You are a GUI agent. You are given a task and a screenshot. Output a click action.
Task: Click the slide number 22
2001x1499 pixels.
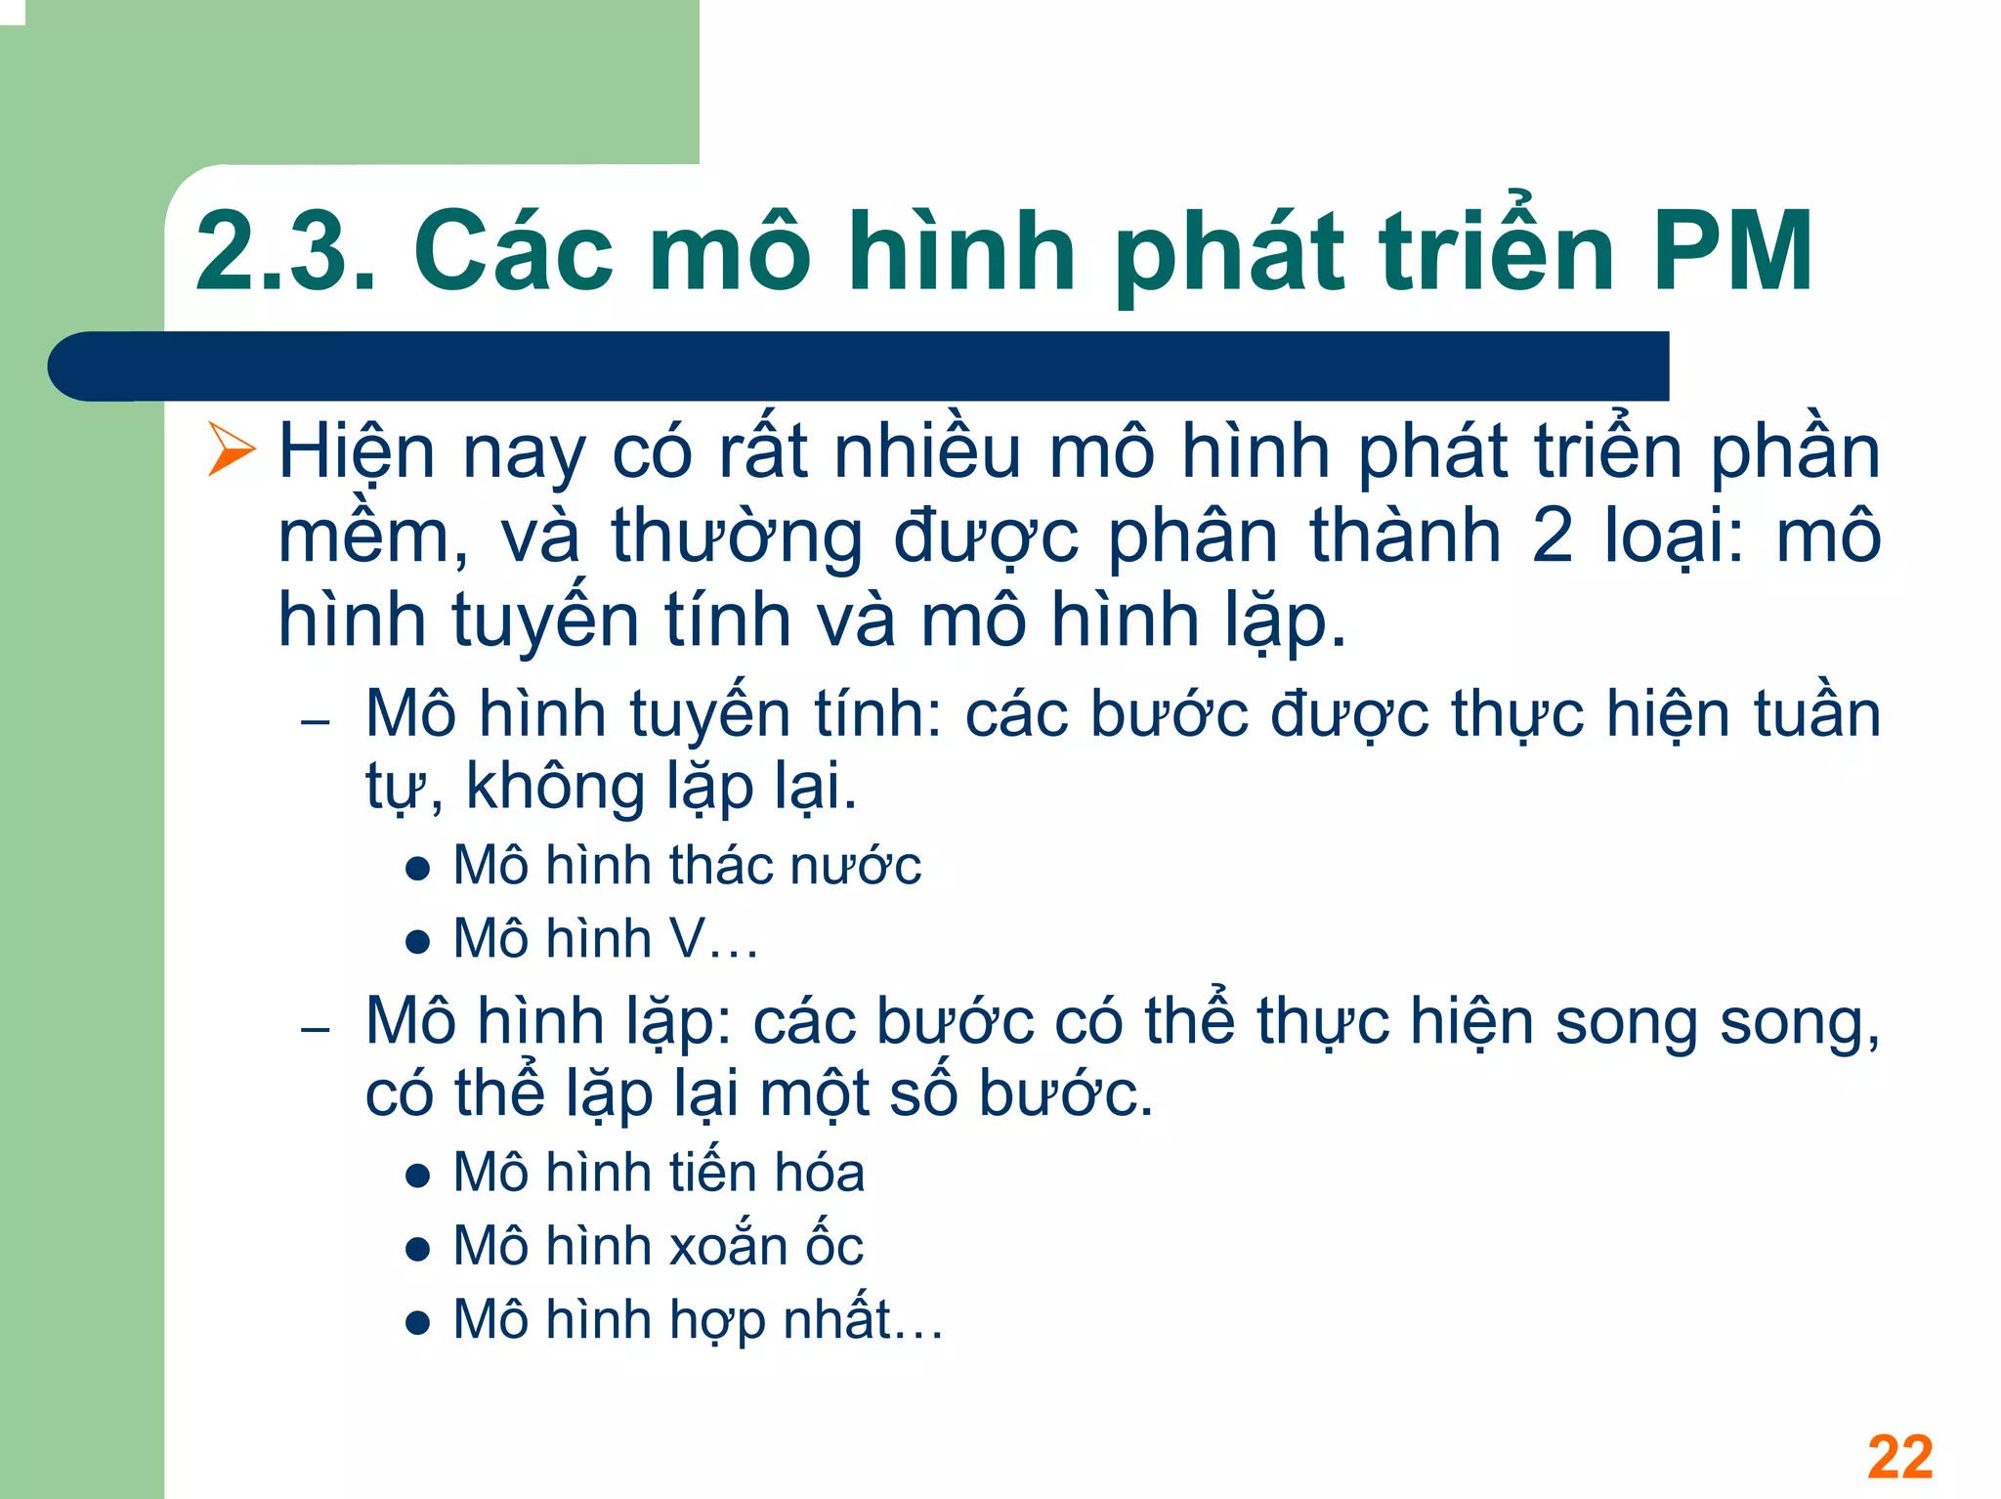tap(1899, 1457)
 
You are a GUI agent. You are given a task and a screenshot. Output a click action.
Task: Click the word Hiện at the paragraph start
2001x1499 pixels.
tap(357, 452)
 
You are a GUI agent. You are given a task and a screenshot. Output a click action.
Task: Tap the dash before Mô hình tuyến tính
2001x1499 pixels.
tap(316, 723)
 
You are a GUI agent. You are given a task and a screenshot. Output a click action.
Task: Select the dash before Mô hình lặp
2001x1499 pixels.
tap(316, 1030)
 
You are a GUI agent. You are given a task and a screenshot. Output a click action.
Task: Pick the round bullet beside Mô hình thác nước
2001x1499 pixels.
tap(418, 869)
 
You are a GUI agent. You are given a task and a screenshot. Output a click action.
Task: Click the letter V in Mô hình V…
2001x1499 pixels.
tap(688, 939)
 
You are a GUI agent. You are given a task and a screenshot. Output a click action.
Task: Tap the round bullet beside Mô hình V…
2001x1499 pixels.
tap(418, 942)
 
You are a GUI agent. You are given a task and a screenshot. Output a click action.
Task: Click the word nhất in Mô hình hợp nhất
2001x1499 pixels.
tap(838, 1319)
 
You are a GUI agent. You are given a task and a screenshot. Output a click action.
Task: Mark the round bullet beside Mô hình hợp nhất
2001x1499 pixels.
tap(418, 1323)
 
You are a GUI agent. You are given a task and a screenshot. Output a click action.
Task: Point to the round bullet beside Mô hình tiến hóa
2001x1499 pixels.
tap(418, 1176)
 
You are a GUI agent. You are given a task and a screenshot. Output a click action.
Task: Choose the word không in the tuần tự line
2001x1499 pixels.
tap(555, 786)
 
